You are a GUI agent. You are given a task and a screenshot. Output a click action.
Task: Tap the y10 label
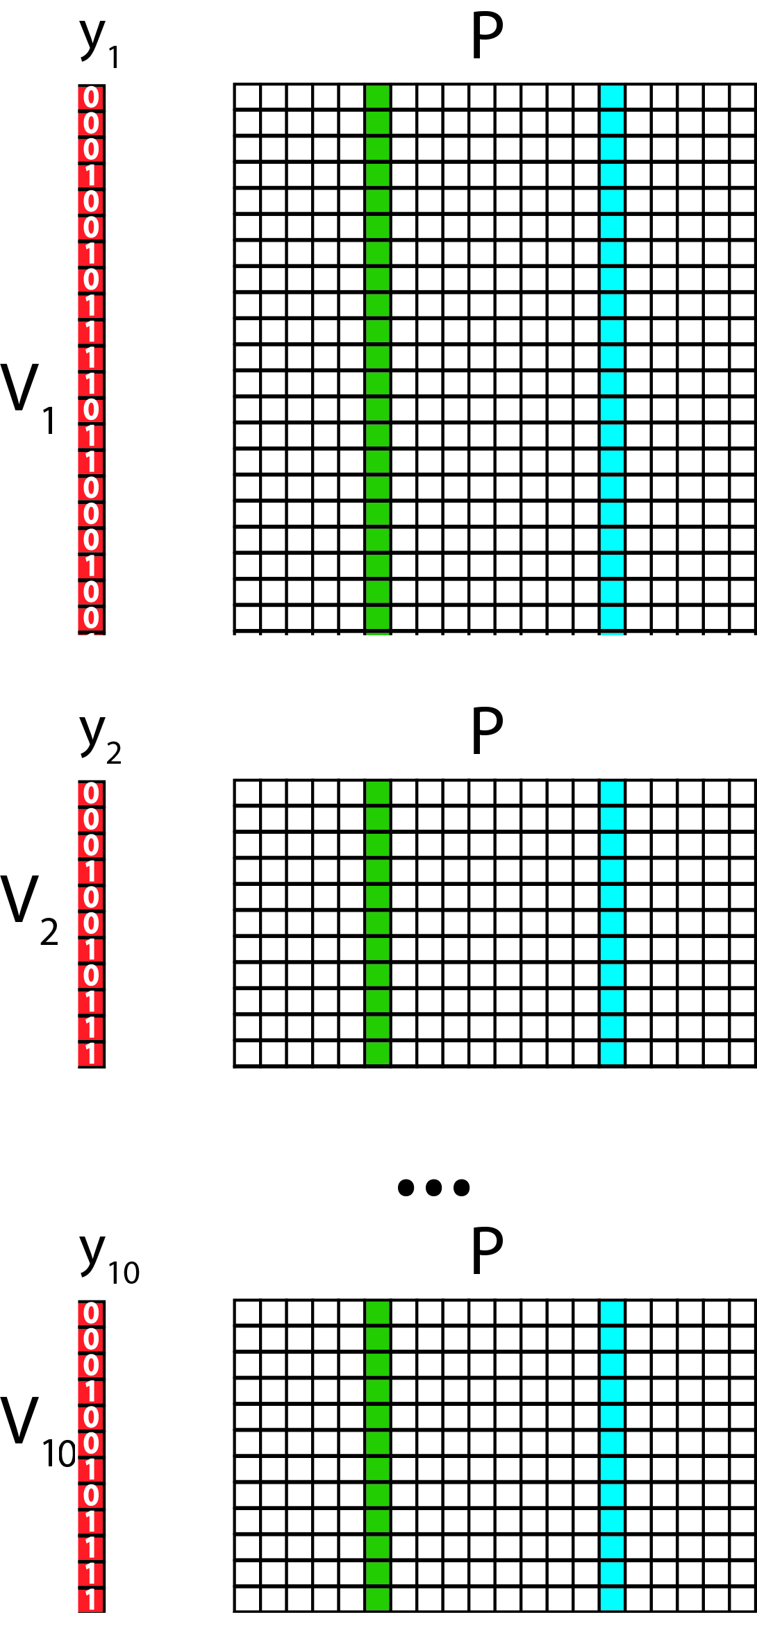point(109,1259)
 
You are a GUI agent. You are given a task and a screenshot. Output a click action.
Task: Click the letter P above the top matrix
point(487,35)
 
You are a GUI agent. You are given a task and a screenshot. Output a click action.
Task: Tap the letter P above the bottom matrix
point(487,1251)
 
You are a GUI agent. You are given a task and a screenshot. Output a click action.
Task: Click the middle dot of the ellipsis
point(434,1187)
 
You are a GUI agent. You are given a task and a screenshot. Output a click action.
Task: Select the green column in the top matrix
point(377,360)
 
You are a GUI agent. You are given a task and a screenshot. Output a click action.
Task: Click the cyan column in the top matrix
point(612,360)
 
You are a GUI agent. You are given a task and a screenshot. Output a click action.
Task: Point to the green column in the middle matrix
point(377,923)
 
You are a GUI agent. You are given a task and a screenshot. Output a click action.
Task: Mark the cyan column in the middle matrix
point(612,923)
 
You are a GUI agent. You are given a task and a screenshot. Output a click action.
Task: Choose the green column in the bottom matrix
point(377,1456)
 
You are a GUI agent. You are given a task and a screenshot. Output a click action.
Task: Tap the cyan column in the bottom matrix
point(612,1456)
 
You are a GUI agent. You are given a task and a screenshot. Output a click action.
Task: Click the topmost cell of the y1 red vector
point(91,97)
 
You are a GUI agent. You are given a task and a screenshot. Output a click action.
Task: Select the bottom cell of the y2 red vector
point(91,1054)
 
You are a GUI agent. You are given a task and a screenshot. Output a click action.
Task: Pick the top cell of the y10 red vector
point(91,1313)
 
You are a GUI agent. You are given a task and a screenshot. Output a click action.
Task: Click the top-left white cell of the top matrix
point(247,97)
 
